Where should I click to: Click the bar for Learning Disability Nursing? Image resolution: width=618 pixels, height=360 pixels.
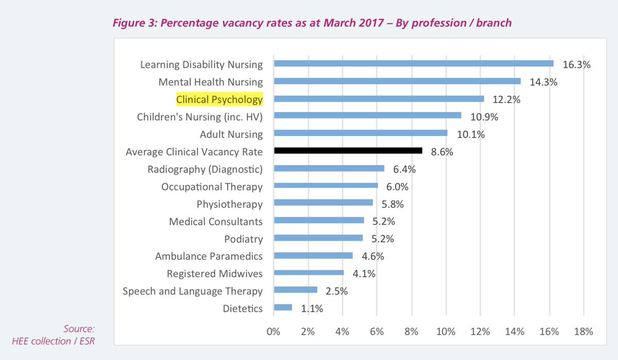pyautogui.click(x=414, y=63)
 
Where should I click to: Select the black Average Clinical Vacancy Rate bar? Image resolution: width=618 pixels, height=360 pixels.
pyautogui.click(x=348, y=151)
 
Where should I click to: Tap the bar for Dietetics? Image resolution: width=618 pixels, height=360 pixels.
pyautogui.click(x=283, y=307)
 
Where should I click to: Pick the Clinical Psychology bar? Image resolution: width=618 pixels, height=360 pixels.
pyautogui.click(x=379, y=98)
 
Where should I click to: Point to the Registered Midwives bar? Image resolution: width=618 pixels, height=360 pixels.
pyautogui.click(x=308, y=273)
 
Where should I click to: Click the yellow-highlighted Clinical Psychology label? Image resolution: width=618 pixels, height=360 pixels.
pyautogui.click(x=219, y=99)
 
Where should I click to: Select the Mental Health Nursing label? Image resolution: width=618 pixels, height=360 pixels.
pyautogui.click(x=211, y=82)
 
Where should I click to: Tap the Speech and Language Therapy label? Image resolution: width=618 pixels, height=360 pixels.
pyautogui.click(x=193, y=291)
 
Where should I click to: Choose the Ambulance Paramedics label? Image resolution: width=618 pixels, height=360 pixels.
pyautogui.click(x=209, y=256)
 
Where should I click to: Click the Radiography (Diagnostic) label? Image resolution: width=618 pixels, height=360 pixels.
pyautogui.click(x=205, y=169)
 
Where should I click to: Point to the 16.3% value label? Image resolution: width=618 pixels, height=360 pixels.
pyautogui.click(x=577, y=65)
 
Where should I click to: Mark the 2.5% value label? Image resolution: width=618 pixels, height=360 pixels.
pyautogui.click(x=337, y=291)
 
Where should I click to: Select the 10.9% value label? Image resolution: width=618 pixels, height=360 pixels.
pyautogui.click(x=485, y=117)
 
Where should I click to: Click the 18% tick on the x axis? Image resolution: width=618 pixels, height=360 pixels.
pyautogui.click(x=583, y=331)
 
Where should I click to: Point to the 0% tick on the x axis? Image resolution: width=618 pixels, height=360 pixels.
pyautogui.click(x=273, y=331)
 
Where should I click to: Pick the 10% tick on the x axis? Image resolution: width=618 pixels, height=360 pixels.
pyautogui.click(x=445, y=331)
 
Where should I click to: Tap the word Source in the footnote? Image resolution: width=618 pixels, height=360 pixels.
pyautogui.click(x=79, y=329)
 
